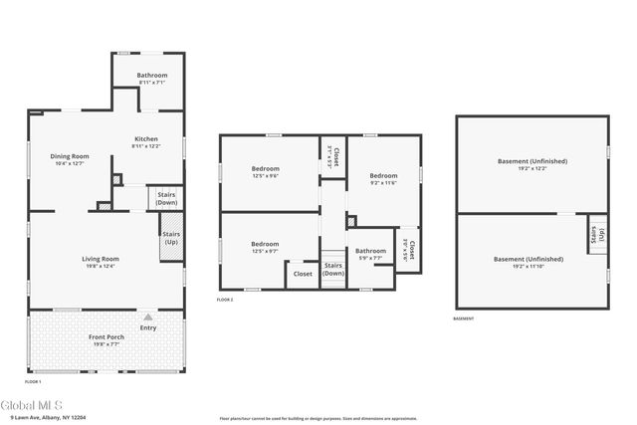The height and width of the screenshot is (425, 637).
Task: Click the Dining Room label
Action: point(71,156)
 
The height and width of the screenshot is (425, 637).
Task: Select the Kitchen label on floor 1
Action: point(145,138)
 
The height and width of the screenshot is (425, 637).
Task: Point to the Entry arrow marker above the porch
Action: point(148,318)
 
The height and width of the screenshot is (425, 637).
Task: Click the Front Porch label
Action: point(106,337)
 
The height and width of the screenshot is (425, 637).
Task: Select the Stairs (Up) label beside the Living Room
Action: point(169,240)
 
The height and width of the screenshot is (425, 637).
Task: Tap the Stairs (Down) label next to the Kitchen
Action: point(166,197)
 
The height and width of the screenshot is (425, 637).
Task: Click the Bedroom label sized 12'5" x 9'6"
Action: point(265,168)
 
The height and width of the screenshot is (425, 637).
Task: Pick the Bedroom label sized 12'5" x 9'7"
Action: point(265,244)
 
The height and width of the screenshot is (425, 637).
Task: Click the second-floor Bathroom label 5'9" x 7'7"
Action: point(370,251)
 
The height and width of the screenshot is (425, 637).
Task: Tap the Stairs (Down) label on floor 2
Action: point(333,269)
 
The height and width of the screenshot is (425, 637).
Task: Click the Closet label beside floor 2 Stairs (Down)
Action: point(303,274)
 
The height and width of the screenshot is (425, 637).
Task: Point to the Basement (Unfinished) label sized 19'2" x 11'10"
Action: point(529,259)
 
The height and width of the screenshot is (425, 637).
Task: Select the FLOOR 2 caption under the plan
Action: point(225,299)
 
